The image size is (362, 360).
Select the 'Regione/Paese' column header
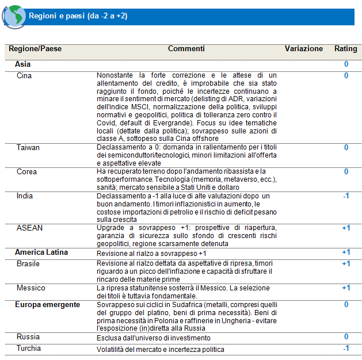coord(36,49)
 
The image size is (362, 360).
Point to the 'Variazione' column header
coord(304,49)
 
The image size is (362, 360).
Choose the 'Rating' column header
coord(346,49)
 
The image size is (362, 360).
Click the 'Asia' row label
coord(23,64)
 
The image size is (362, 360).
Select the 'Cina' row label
coord(24,75)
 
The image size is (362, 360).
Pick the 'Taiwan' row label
coord(28,148)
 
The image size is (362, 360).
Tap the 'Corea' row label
coord(27,172)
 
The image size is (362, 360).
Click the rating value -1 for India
coord(346,196)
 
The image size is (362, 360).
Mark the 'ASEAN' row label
coord(29,228)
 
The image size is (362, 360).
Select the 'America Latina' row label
coord(41,252)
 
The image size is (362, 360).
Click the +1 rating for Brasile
coord(346,263)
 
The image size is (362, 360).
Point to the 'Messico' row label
coord(31,288)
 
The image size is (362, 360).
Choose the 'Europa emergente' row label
coord(47,304)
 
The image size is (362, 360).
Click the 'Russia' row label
coord(28,337)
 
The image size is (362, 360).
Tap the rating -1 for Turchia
coord(346,348)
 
